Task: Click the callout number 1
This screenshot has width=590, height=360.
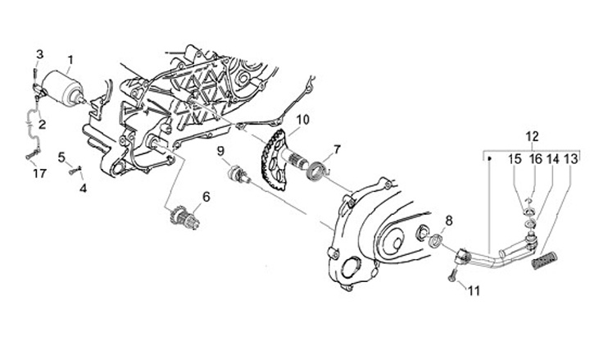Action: (x=70, y=60)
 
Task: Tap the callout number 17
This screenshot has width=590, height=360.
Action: (x=39, y=173)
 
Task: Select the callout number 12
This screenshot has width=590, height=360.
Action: (x=533, y=136)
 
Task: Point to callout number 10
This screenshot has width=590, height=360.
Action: (x=302, y=120)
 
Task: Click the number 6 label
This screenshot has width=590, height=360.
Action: (x=206, y=197)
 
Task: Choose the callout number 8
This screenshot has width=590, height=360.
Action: (x=447, y=221)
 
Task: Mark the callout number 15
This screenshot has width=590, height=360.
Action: (x=515, y=158)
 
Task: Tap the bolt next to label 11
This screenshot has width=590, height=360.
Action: (x=453, y=273)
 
